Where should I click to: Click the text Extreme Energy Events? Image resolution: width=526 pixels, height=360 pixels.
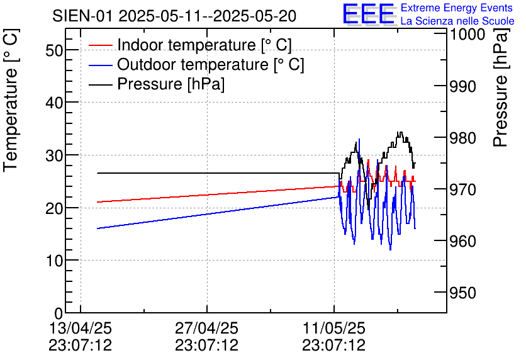click(457, 8)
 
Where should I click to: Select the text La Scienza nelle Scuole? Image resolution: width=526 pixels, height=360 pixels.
click(457, 21)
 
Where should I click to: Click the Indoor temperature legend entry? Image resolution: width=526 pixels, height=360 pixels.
click(204, 45)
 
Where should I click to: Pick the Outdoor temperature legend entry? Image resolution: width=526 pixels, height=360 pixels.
click(211, 65)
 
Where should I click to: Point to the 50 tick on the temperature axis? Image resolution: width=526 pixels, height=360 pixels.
click(55, 50)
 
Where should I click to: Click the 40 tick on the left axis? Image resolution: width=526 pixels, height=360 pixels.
click(55, 103)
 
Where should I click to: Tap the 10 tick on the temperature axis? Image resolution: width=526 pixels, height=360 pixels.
click(55, 261)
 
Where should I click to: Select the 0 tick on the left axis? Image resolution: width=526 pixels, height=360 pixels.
click(59, 313)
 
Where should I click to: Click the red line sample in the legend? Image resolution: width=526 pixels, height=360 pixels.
click(100, 45)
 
